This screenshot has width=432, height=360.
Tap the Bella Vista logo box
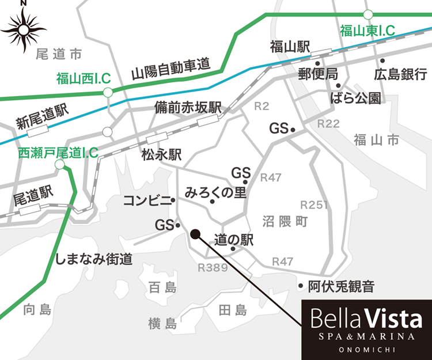coord(367,327)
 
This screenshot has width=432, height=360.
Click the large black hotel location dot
coord(195,234)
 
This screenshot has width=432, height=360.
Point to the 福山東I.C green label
coord(367,31)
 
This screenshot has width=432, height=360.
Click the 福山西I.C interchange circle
coord(107,92)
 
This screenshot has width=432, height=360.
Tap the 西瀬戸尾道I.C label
coord(58,153)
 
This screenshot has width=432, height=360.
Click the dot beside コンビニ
coord(173,200)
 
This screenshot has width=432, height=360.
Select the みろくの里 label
coord(215,192)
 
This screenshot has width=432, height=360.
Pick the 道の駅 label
coord(233,240)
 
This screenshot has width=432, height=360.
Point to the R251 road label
coord(314,205)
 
